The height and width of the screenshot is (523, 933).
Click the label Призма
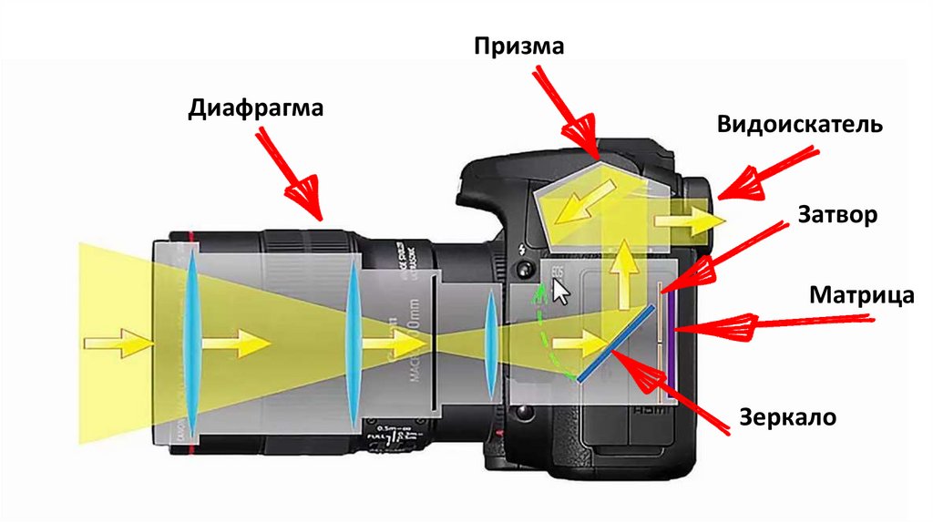(519, 46)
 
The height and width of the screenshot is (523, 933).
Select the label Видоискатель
(798, 125)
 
